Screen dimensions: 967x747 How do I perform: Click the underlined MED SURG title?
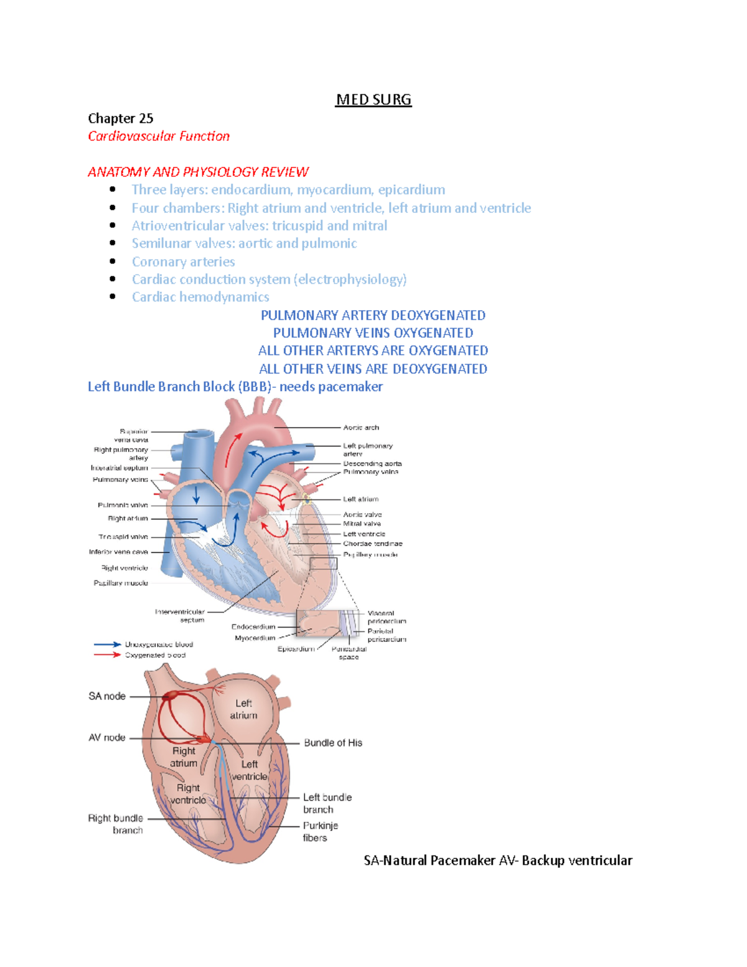[x=374, y=100]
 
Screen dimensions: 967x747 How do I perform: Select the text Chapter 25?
[x=120, y=118]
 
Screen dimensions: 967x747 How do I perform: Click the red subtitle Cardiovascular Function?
[x=158, y=136]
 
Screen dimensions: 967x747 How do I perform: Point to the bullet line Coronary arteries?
[x=183, y=262]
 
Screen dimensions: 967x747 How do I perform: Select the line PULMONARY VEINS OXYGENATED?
[x=373, y=333]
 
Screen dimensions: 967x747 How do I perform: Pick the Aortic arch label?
[x=361, y=428]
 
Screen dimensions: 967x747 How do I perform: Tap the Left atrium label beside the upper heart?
[x=360, y=499]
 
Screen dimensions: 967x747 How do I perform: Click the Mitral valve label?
[x=362, y=524]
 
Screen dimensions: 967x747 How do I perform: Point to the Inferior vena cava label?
[x=118, y=552]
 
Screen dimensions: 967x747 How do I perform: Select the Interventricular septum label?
[x=180, y=616]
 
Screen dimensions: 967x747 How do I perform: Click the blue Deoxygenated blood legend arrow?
[x=107, y=644]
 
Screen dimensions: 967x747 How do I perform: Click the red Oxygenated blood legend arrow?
[x=107, y=655]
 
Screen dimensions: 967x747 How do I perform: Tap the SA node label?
[x=107, y=696]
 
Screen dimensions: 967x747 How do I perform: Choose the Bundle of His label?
[x=333, y=743]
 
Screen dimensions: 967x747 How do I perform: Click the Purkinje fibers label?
[x=320, y=832]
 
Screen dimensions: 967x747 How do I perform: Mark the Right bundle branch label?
[x=116, y=824]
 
